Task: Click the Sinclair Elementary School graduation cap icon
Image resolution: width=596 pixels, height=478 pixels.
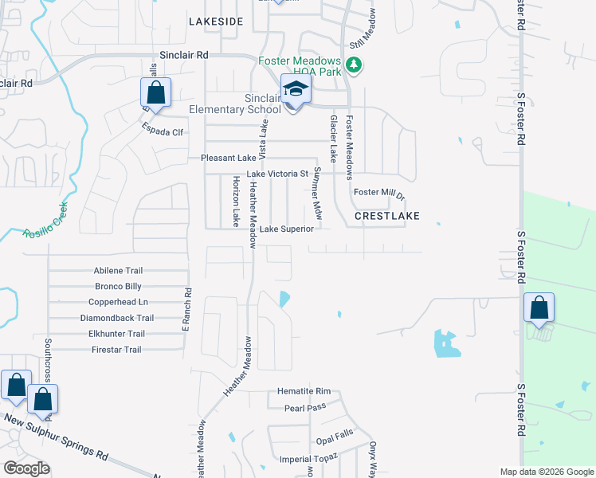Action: (x=296, y=89)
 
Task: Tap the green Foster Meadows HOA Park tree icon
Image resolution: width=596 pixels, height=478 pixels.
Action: (x=354, y=65)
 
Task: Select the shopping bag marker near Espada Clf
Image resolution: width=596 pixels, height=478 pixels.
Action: (x=156, y=92)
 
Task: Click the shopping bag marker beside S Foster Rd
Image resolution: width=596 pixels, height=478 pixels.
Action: (x=539, y=308)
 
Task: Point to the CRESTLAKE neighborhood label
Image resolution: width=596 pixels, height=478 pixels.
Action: (x=386, y=216)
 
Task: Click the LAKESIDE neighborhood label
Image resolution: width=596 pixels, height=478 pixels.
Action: (x=215, y=22)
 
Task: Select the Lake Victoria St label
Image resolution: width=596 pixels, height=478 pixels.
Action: (x=277, y=174)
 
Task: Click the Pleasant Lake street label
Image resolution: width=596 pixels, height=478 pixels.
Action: (x=228, y=159)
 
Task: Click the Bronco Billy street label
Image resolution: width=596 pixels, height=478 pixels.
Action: (x=118, y=286)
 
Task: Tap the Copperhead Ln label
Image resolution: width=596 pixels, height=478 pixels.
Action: (x=119, y=302)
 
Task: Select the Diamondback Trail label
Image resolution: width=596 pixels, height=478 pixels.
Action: (x=117, y=318)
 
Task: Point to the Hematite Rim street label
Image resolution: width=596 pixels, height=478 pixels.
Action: (x=304, y=391)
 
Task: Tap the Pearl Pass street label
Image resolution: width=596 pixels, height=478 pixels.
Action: (x=306, y=407)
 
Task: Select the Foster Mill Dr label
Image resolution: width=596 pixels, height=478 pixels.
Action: (x=380, y=193)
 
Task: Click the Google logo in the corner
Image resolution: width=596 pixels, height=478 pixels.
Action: (x=26, y=468)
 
